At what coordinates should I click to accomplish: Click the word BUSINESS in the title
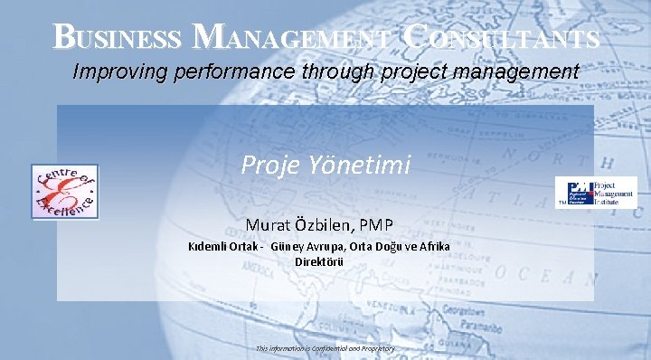(117, 37)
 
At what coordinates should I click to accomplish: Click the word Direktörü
(319, 261)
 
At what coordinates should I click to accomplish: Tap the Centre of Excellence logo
(64, 191)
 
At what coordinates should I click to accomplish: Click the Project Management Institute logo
(596, 192)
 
